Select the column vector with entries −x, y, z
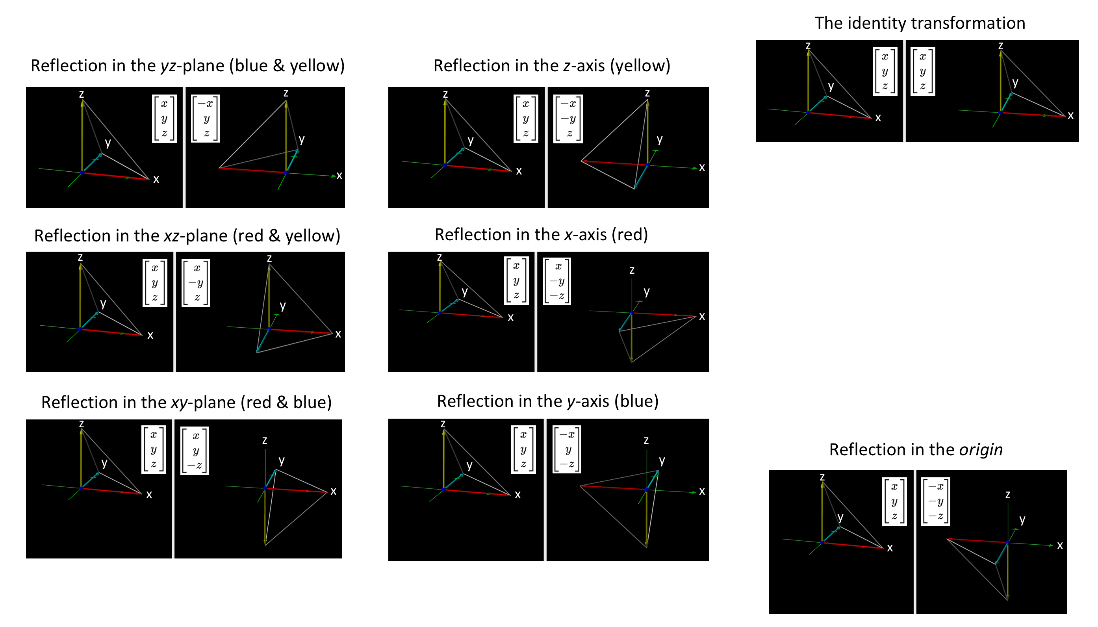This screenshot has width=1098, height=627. pos(206,119)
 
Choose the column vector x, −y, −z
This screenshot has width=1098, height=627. pos(557,281)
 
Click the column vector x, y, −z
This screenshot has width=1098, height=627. pos(195,451)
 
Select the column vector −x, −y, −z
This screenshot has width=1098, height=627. pos(935,501)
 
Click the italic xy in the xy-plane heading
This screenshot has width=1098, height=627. pos(179,402)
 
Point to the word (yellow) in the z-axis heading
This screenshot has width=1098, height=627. pos(640,66)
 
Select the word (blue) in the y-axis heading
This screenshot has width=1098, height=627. pos(636,401)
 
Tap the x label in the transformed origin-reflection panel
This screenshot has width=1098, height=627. pos(1060,545)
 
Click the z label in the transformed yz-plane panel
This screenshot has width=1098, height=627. pos(286,93)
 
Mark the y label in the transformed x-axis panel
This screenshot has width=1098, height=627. pos(646,291)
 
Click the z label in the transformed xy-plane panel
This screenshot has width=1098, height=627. pos(264,440)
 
